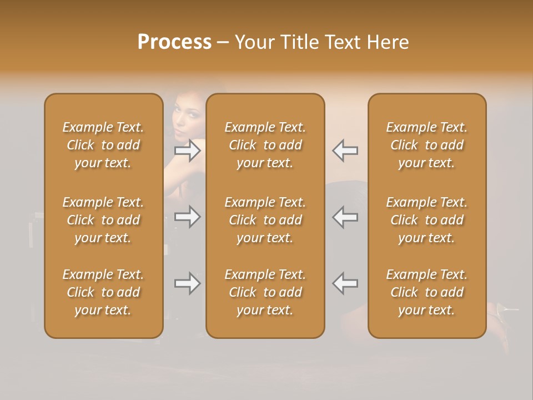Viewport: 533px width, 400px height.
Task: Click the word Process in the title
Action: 174,42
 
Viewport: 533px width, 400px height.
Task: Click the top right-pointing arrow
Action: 188,150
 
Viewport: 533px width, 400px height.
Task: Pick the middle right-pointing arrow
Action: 188,217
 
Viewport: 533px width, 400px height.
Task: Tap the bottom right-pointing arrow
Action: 188,283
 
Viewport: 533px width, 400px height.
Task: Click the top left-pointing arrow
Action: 345,150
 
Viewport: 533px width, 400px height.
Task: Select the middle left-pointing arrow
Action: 345,217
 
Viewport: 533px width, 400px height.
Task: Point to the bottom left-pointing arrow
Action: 345,283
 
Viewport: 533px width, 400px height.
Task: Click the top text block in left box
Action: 103,145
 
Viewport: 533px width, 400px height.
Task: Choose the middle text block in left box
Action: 103,220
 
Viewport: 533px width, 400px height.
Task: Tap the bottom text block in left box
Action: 103,292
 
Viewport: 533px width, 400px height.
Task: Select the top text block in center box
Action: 265,145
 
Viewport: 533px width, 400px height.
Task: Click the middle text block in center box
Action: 265,220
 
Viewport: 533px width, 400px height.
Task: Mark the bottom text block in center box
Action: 265,292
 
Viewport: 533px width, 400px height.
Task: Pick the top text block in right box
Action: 426,145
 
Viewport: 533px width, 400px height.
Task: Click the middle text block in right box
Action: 426,220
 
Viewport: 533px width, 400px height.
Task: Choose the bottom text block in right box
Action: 426,292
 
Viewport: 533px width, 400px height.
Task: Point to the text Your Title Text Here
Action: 321,42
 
